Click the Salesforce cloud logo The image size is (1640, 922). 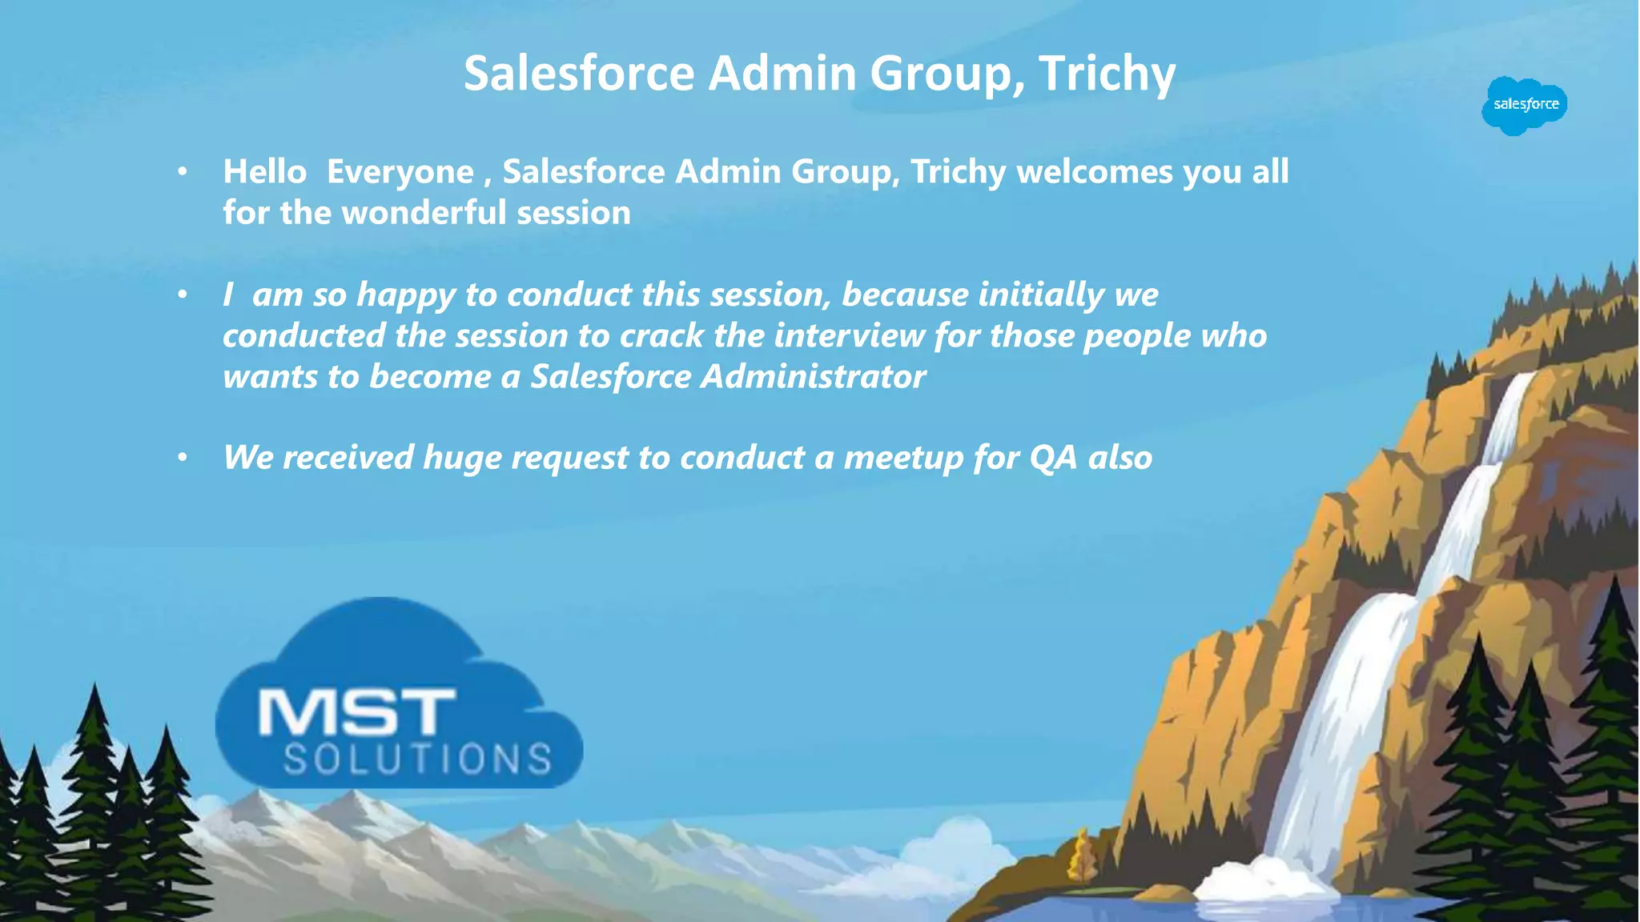[1525, 105]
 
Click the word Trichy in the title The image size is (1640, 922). [1107, 74]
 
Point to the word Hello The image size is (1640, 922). [264, 171]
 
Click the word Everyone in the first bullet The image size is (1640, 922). [400, 172]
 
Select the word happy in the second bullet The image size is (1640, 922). [406, 295]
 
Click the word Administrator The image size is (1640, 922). [813, 377]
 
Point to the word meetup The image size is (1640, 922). [903, 459]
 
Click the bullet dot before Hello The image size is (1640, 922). [183, 171]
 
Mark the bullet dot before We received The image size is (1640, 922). [183, 457]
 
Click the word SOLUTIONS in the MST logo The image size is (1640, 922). [417, 759]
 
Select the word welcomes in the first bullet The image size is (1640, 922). [1094, 172]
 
